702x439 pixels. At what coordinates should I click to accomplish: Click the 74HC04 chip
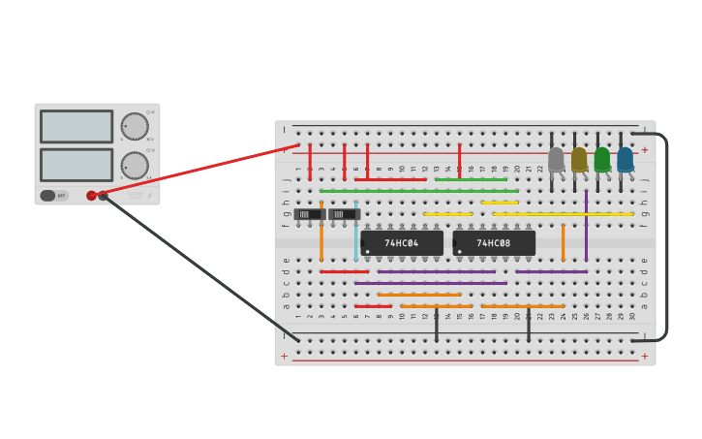[402, 243]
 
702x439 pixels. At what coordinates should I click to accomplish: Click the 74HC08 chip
[494, 243]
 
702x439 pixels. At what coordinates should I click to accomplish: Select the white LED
[556, 160]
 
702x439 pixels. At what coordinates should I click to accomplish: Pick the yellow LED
[579, 160]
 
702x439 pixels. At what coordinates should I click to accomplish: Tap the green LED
[602, 160]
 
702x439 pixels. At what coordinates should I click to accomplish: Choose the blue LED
[625, 160]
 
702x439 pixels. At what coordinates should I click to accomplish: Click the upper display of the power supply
[76, 126]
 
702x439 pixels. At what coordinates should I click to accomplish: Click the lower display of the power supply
[76, 164]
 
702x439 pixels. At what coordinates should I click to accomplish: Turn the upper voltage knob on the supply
[135, 126]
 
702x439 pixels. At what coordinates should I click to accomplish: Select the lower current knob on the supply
[135, 165]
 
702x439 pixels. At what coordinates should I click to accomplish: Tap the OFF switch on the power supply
[54, 196]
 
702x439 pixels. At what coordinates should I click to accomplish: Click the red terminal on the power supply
[91, 196]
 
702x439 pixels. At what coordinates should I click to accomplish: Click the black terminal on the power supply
[103, 196]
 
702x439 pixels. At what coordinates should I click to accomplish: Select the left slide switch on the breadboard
[310, 214]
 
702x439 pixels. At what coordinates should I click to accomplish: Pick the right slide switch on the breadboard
[344, 214]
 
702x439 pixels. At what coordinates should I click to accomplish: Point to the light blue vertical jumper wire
[355, 233]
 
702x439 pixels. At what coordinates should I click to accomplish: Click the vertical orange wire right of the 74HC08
[563, 242]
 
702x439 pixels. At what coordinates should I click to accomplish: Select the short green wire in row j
[471, 179]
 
